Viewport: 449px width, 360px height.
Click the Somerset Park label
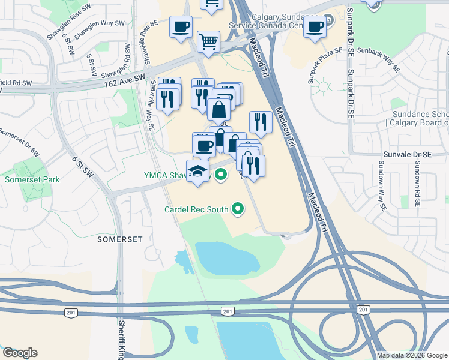(32, 179)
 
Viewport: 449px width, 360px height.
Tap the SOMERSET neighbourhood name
(121, 239)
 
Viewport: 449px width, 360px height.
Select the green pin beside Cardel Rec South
(238, 209)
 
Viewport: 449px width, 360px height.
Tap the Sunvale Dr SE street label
(408, 154)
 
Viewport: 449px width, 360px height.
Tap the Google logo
(20, 353)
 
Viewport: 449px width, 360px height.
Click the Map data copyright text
(412, 355)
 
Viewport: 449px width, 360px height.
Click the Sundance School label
(420, 115)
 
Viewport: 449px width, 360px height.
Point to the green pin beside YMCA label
(221, 175)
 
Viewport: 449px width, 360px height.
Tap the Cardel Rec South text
(197, 209)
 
